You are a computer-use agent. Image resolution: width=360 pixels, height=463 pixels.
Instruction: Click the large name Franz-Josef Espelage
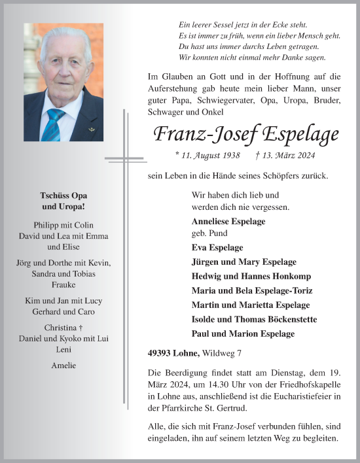pos(245,135)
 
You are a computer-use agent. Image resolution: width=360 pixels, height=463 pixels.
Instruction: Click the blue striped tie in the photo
pos(55,124)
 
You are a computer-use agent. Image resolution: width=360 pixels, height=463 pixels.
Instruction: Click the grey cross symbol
pos(124,159)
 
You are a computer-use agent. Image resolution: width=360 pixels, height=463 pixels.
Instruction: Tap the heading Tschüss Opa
pos(63,196)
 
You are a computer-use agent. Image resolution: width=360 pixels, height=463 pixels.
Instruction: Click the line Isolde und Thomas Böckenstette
pos(254,319)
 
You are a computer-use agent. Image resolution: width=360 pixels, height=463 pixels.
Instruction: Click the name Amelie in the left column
pos(63,365)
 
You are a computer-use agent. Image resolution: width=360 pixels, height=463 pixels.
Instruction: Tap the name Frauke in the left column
pos(63,286)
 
